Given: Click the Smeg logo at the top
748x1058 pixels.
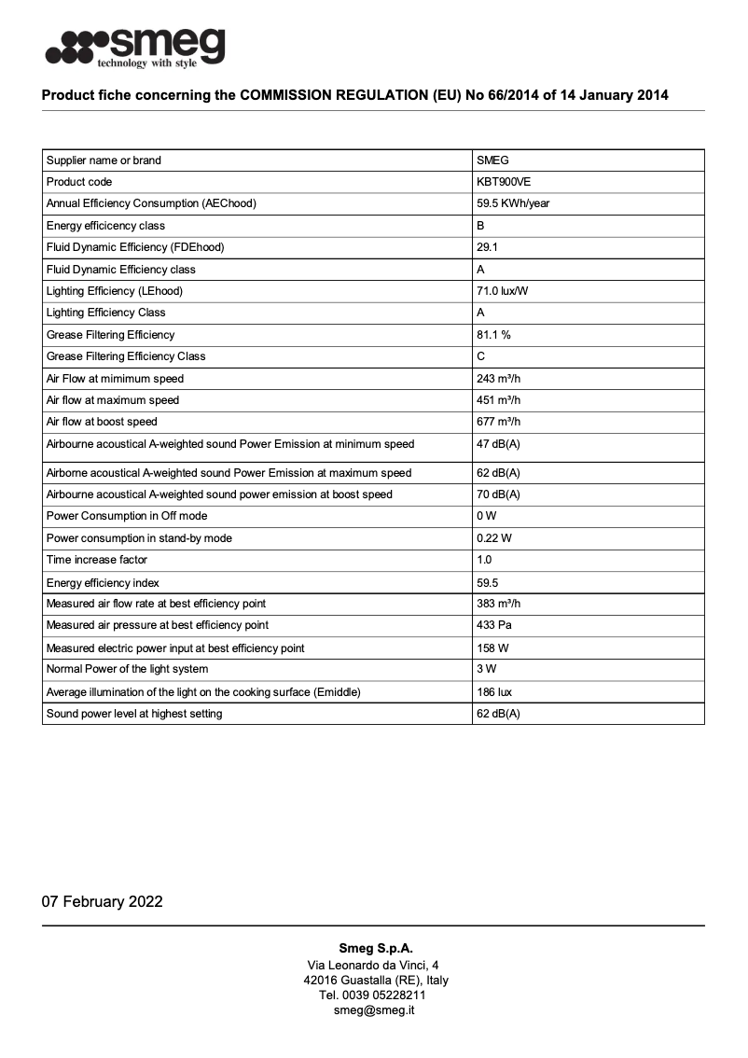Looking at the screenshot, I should [135, 47].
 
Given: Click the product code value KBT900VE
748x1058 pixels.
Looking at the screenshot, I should [504, 182].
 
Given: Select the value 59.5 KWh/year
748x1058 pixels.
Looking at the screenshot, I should [512, 203].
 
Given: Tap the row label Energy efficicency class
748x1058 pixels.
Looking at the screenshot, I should [105, 226].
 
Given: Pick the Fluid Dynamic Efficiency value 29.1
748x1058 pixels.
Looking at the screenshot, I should [487, 247].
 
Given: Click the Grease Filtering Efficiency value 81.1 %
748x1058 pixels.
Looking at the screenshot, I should [493, 334].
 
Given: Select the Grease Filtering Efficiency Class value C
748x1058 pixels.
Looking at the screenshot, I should [480, 356].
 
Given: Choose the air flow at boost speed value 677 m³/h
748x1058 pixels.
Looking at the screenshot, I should [498, 422].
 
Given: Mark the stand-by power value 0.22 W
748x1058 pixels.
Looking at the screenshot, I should [493, 538].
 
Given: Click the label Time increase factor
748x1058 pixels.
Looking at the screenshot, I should [97, 560].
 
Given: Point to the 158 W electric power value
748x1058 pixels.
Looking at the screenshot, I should [491, 647].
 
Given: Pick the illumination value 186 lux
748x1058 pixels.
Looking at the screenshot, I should [494, 692].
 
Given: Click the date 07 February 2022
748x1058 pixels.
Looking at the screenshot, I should [102, 901].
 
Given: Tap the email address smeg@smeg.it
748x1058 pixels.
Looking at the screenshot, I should [374, 1009].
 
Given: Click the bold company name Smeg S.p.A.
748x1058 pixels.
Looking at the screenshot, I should [374, 948].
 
